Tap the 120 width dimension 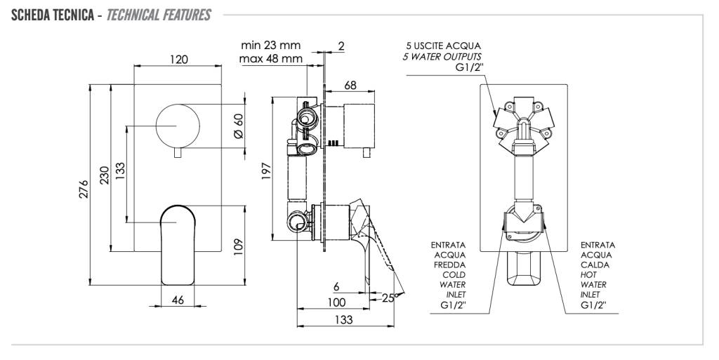[178, 60]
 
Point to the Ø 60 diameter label [237, 126]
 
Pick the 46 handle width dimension [178, 300]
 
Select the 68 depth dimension [350, 85]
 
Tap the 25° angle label [390, 297]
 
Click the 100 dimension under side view [336, 302]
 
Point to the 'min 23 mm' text [270, 46]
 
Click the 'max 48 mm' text [270, 58]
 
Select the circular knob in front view [178, 126]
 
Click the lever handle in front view [178, 242]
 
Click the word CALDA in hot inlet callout [595, 265]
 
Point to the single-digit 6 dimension [336, 286]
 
